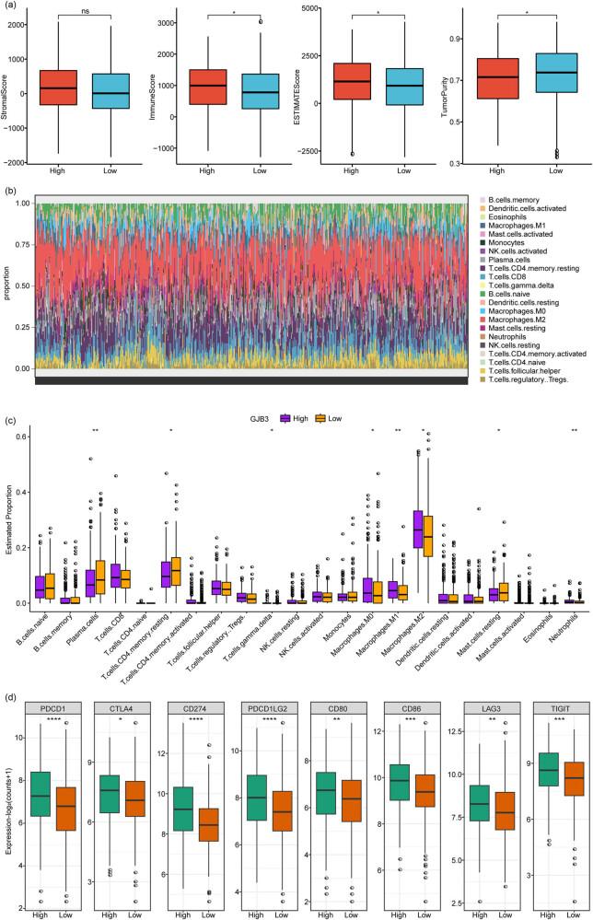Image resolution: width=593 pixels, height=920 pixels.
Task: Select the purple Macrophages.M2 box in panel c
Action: [x=418, y=533]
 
